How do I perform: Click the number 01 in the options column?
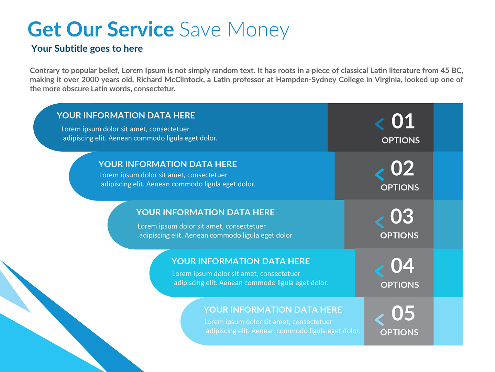(x=403, y=121)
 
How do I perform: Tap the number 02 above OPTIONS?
(x=402, y=168)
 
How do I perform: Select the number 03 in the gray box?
(x=402, y=216)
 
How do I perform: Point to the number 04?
(x=402, y=266)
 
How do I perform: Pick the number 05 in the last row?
(x=403, y=313)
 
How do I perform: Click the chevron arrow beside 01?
(x=379, y=124)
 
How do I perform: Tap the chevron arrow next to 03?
(x=379, y=222)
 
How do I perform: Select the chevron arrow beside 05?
(x=379, y=320)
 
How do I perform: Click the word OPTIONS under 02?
(x=400, y=188)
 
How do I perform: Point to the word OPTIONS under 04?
(x=400, y=285)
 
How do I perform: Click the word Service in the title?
(x=141, y=29)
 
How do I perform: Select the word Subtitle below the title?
(x=71, y=49)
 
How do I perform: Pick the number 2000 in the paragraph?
(x=90, y=80)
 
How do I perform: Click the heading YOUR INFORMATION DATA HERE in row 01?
(x=126, y=115)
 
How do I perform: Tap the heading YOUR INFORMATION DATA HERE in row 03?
(x=205, y=213)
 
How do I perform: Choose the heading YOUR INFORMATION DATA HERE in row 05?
(x=273, y=310)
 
